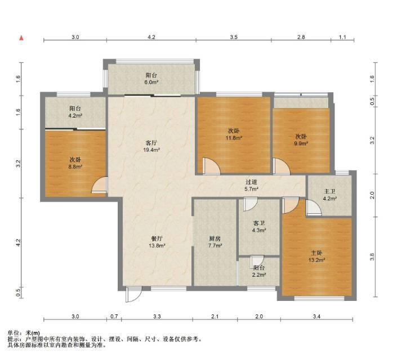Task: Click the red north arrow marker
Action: (22, 38)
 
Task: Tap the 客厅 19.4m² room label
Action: (151, 146)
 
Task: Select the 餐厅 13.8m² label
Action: (157, 242)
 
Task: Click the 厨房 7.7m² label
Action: (215, 242)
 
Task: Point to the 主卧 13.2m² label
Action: (316, 256)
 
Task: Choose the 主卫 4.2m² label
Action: (329, 195)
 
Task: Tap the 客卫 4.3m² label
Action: (259, 227)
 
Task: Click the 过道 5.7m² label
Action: (251, 185)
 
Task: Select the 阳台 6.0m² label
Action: (151, 78)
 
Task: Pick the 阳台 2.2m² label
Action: (259, 271)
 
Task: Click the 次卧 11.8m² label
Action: (234, 134)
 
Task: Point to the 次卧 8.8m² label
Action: (75, 163)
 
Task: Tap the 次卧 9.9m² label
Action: (301, 140)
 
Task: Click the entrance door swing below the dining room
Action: (133, 295)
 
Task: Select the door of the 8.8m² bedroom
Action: (100, 185)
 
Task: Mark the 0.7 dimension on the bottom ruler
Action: (114, 317)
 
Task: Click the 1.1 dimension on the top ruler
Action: (342, 37)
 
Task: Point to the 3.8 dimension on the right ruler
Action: (372, 257)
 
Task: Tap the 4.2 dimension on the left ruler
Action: (18, 242)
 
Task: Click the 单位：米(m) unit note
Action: (24, 333)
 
